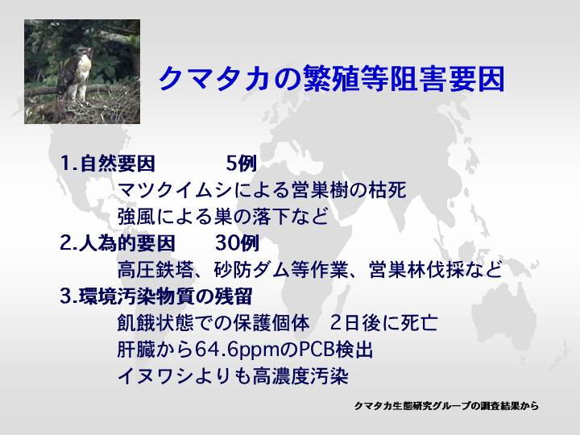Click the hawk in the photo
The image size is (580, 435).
[77, 74]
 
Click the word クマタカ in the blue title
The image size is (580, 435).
[213, 79]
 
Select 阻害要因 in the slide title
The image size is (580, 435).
[447, 79]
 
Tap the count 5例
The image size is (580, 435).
[242, 163]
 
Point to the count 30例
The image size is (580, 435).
[237, 243]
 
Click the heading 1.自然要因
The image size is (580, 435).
[107, 163]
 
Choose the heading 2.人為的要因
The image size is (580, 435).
[118, 243]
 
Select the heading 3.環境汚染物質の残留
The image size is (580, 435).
[156, 296]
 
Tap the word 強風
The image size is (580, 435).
[137, 217]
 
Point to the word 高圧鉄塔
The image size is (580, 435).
[155, 270]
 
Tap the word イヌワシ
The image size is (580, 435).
[155, 376]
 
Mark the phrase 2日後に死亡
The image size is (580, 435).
[383, 323]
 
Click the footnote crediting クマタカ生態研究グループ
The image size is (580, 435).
[446, 406]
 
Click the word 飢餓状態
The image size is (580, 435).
[155, 323]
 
